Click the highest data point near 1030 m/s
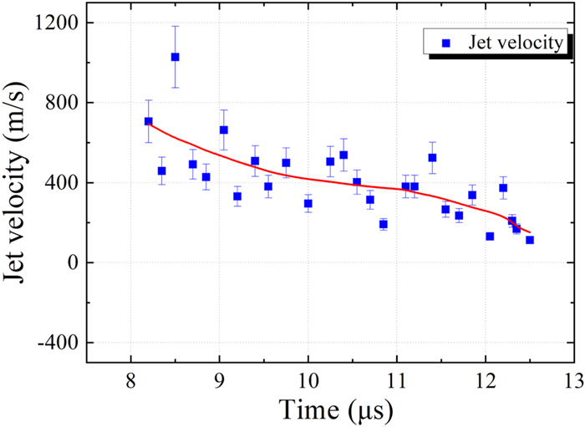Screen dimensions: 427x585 (x=175, y=57)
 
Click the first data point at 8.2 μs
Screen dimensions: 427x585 (x=148, y=121)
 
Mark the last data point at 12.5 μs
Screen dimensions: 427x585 (x=529, y=240)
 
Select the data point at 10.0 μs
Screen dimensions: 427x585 (x=308, y=203)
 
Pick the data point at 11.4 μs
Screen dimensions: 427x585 (x=432, y=157)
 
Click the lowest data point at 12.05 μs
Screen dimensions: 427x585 (x=490, y=236)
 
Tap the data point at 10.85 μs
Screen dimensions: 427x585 (x=383, y=224)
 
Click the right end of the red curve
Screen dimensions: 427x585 (x=530, y=232)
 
